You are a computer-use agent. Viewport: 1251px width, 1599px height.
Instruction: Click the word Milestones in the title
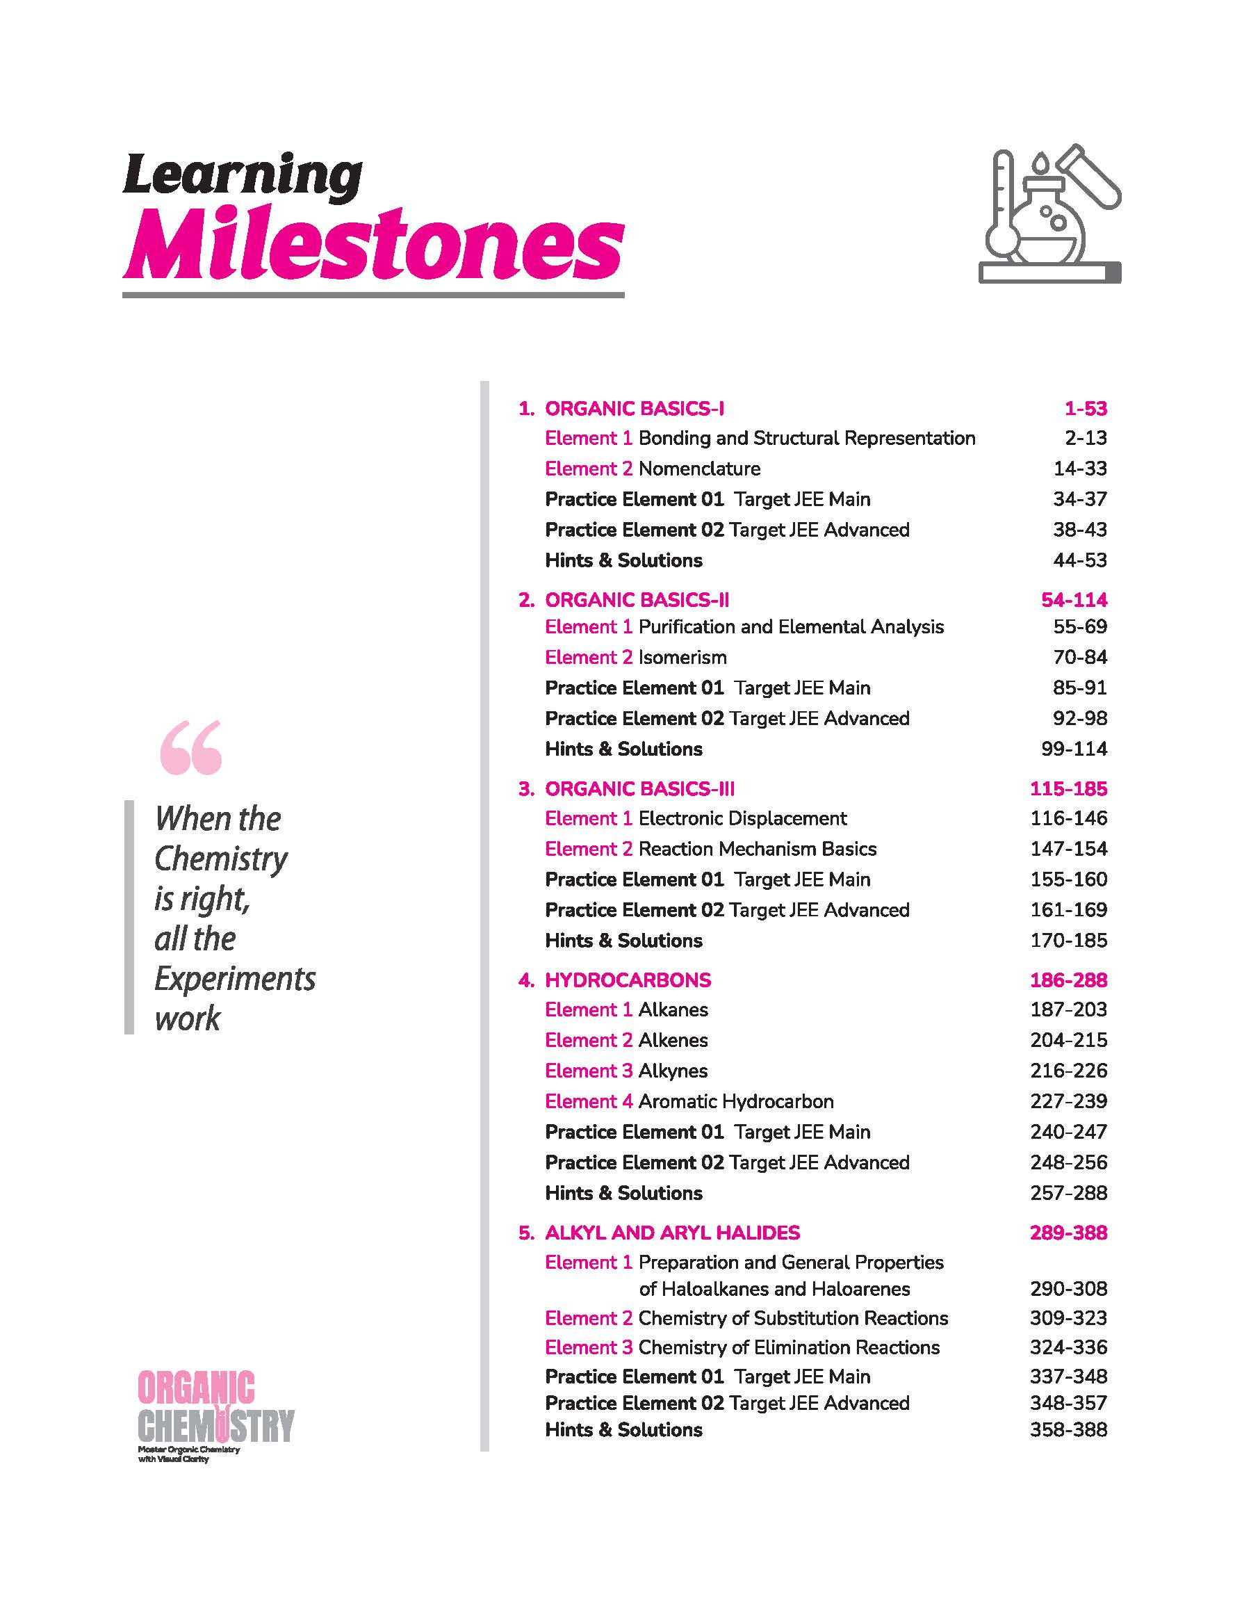[x=373, y=244]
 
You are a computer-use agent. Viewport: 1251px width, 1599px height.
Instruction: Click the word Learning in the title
[x=242, y=176]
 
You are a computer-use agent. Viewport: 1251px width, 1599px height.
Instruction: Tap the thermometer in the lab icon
[x=1002, y=209]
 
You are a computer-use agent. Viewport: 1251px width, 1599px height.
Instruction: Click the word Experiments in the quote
[x=234, y=979]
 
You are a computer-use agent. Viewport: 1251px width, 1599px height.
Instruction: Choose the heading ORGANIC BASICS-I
[x=635, y=409]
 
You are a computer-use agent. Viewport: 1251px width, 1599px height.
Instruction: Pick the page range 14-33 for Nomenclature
[x=1079, y=469]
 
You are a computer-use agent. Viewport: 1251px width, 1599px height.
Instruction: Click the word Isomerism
[x=682, y=658]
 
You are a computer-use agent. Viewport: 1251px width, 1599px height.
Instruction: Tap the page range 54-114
[x=1074, y=600]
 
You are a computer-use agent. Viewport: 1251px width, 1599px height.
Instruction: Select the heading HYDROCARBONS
[x=628, y=980]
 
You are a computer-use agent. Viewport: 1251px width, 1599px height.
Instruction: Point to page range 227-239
[x=1068, y=1102]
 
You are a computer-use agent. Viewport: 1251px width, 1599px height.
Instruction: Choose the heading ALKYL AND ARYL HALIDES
[x=672, y=1233]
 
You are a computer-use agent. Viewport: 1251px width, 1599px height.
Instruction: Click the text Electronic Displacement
[x=743, y=818]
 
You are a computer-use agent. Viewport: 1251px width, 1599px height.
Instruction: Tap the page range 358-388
[x=1068, y=1430]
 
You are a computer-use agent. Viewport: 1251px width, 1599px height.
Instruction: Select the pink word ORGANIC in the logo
[x=196, y=1388]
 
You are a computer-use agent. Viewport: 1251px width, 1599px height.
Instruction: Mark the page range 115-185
[x=1068, y=789]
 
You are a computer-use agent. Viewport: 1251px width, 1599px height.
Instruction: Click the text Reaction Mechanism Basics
[x=758, y=849]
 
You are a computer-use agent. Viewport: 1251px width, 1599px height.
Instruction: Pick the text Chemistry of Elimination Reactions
[x=789, y=1348]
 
